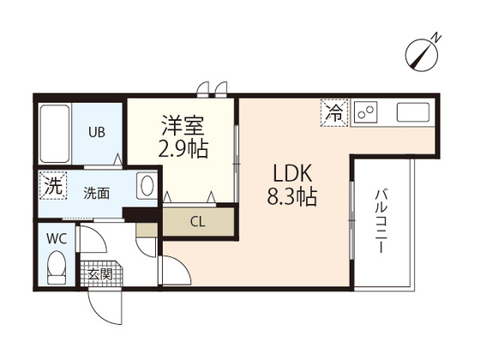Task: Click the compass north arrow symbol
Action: tap(422, 57)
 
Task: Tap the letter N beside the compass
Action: tap(436, 38)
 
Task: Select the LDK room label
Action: tap(292, 173)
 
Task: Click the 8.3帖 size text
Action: tap(292, 196)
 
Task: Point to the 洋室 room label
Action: tap(183, 125)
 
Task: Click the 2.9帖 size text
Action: tap(183, 148)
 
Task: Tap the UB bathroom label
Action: tap(97, 132)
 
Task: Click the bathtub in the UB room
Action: tap(55, 134)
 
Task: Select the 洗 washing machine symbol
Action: tap(53, 186)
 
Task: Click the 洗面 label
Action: tap(96, 194)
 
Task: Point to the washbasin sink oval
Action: tap(147, 185)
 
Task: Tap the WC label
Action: tap(57, 239)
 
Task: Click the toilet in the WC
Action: tap(57, 267)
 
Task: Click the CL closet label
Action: tap(197, 222)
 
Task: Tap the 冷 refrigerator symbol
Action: tap(334, 112)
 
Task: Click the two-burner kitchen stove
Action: tap(365, 112)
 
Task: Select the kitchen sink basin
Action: tap(413, 112)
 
